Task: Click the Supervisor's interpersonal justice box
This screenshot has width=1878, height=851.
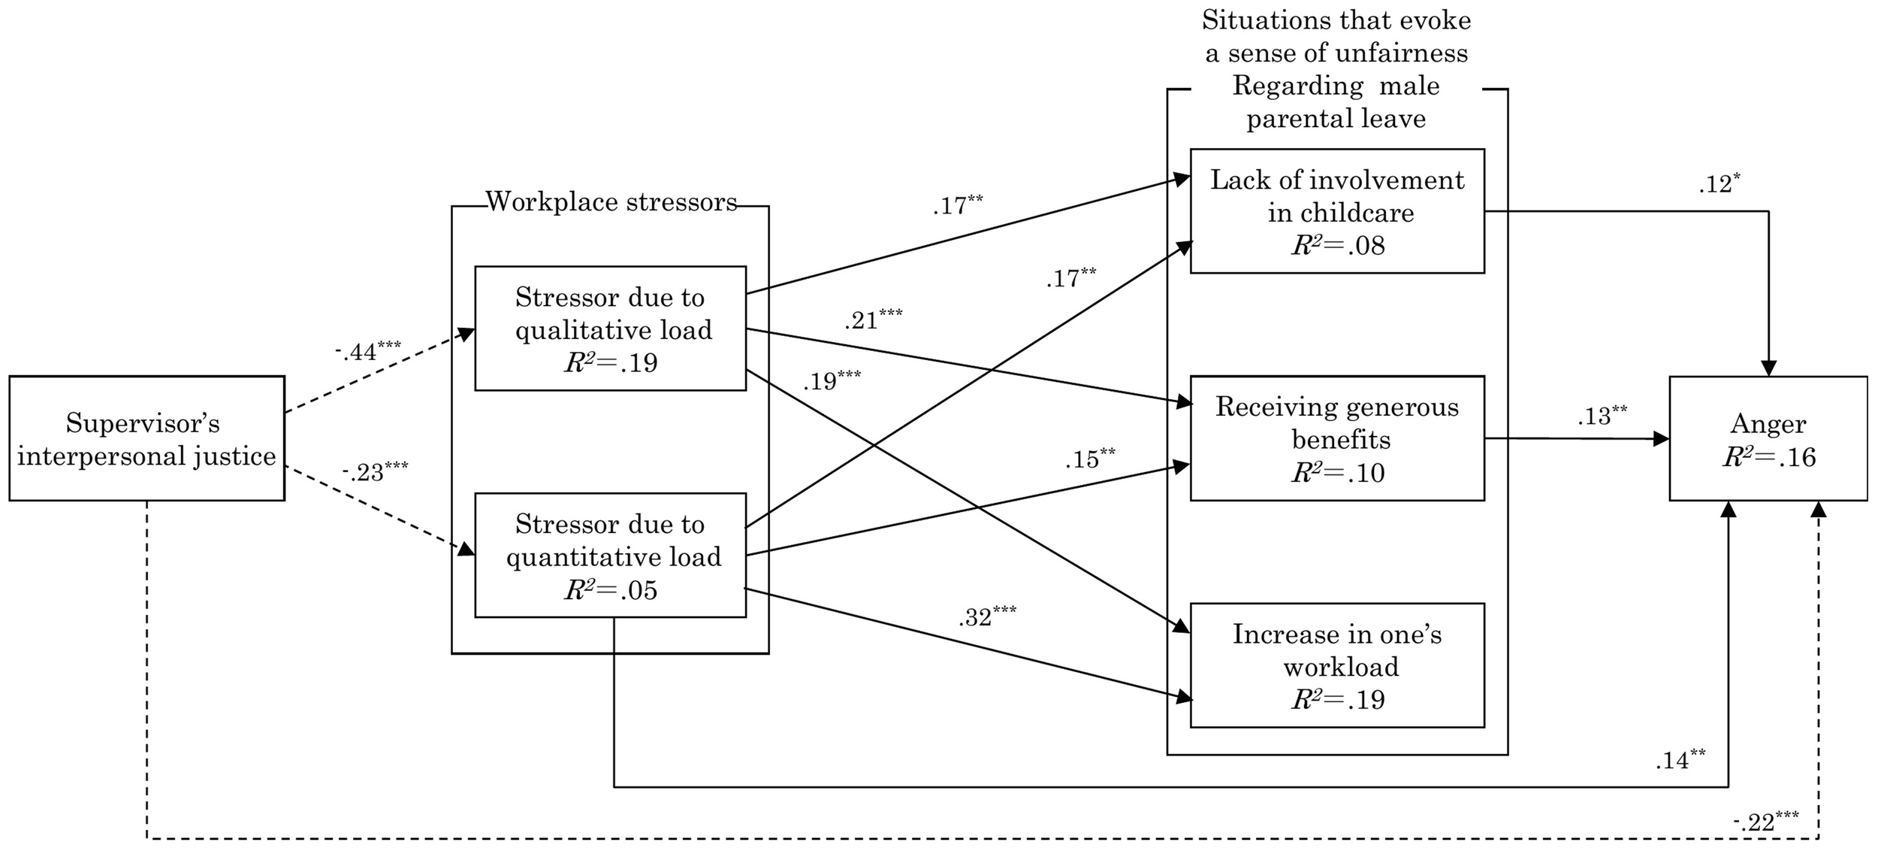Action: click(146, 438)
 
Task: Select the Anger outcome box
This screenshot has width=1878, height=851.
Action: click(1768, 438)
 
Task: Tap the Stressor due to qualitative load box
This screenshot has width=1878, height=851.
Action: click(610, 328)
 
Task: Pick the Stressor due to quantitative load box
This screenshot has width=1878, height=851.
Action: click(610, 555)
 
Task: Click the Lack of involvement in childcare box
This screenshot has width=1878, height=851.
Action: click(1337, 210)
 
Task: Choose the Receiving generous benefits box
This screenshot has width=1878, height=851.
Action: click(1337, 438)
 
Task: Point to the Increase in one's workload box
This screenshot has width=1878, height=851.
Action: click(1337, 665)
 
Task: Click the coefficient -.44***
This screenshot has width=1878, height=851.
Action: click(367, 350)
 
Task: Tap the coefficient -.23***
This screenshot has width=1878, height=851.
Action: click(375, 473)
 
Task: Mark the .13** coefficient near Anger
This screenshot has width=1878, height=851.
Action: click(1602, 416)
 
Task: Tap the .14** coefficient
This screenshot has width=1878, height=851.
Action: click(1680, 761)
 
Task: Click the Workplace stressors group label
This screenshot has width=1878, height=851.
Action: click(611, 202)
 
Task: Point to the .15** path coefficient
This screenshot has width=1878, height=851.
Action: click(1089, 459)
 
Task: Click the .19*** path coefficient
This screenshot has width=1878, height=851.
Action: click(832, 381)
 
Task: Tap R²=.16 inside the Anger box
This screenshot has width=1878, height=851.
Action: click(1768, 457)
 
